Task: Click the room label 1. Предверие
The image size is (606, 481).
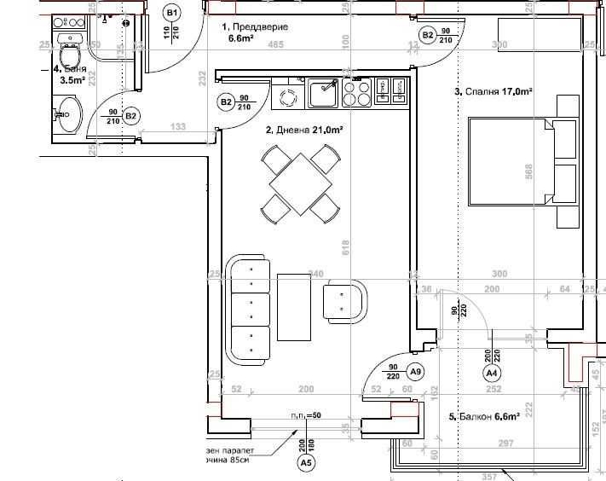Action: click(x=255, y=27)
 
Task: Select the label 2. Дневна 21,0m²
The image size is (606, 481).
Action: click(x=304, y=130)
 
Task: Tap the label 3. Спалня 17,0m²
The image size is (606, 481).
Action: click(x=493, y=91)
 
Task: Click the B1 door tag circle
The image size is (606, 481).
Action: click(x=172, y=12)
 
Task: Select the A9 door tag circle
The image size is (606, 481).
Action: click(x=415, y=372)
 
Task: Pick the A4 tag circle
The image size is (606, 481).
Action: click(x=491, y=373)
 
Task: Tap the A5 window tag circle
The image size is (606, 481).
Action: click(x=305, y=463)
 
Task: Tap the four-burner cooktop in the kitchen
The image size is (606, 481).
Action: click(x=357, y=92)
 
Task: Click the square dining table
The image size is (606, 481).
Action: click(x=299, y=183)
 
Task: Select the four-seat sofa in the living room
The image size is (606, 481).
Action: click(x=249, y=310)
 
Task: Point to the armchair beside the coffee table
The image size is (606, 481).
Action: click(x=345, y=300)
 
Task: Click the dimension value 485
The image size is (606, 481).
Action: click(x=275, y=45)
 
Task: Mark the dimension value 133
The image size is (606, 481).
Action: click(x=177, y=127)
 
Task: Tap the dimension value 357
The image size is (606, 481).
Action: click(x=490, y=477)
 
